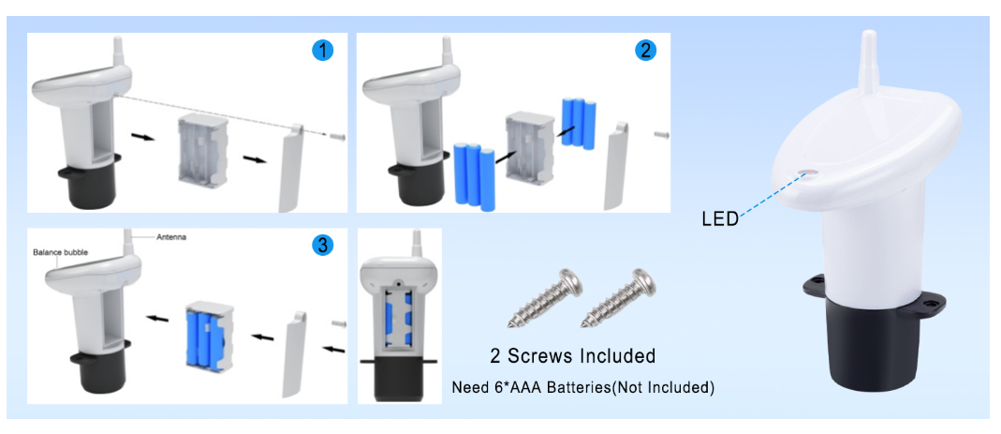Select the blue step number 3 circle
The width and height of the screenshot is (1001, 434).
322,245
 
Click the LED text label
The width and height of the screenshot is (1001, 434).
719,219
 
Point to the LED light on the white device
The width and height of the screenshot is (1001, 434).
808,172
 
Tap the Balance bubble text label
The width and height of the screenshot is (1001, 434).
60,252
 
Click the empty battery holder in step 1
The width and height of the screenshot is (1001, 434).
201,152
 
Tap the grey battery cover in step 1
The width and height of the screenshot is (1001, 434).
292,168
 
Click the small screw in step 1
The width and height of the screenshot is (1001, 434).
338,136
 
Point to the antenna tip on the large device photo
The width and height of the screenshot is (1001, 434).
868,32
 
